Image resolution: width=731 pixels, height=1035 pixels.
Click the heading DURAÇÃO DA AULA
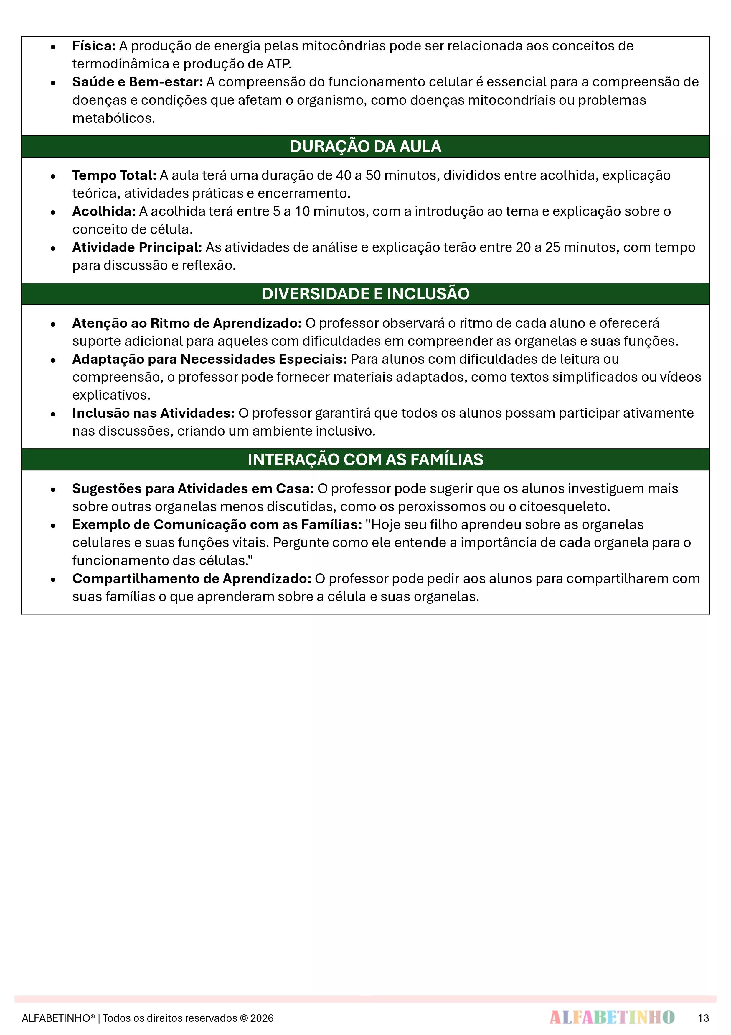click(365, 147)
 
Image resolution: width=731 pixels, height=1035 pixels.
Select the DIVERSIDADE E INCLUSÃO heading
click(365, 294)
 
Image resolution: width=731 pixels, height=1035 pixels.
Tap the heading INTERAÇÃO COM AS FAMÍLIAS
click(365, 459)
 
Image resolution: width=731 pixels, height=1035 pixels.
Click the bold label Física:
click(94, 46)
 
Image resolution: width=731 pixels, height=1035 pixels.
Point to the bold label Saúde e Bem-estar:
click(137, 82)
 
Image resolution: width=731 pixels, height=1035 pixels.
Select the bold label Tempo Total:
click(114, 175)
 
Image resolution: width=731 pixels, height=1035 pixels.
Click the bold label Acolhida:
click(104, 211)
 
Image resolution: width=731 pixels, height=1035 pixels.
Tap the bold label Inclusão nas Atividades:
click(154, 413)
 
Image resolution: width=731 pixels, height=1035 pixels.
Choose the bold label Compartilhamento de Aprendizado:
click(192, 578)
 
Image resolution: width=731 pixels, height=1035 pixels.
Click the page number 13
click(703, 1018)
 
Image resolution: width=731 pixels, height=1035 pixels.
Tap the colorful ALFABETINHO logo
click(612, 1017)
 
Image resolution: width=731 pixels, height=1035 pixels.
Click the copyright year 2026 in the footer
click(262, 1018)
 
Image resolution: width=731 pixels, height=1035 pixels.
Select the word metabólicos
click(113, 118)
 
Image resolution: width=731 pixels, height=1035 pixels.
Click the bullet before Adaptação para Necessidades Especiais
click(53, 360)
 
